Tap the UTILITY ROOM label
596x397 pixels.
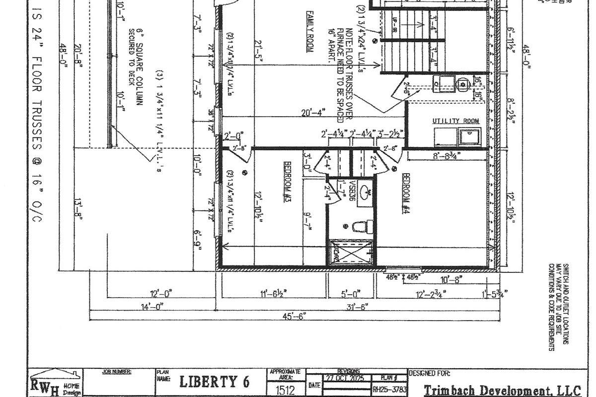[x=455, y=121]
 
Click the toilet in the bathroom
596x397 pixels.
[x=362, y=227]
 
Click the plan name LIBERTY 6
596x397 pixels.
[x=214, y=382]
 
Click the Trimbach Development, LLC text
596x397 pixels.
[x=502, y=390]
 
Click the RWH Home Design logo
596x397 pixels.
[x=53, y=384]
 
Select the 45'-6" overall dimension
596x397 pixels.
[x=294, y=316]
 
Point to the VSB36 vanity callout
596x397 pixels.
[x=352, y=191]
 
